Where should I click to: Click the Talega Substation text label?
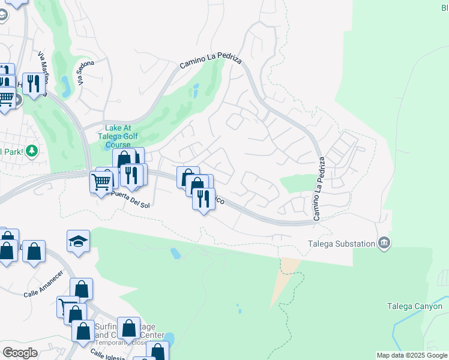coord(341,244)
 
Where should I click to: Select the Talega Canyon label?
coord(414,307)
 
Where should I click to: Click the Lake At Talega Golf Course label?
coord(110,136)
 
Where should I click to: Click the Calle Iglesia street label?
coord(107,355)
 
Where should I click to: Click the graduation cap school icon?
coord(78,241)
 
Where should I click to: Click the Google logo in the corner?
coord(20,353)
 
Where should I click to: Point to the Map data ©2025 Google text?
coord(411,355)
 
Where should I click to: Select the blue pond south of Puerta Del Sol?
coord(175,253)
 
